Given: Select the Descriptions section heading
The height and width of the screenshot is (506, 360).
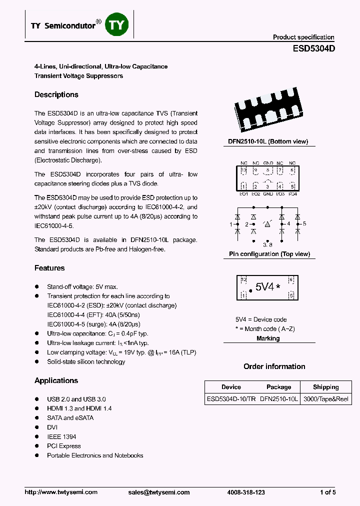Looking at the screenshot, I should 56,94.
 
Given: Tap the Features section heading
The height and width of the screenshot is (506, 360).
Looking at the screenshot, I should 49,268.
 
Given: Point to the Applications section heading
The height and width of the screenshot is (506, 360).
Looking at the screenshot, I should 56,380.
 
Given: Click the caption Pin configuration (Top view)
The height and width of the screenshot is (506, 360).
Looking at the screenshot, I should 269,254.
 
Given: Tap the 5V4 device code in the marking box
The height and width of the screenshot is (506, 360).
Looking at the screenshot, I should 264,287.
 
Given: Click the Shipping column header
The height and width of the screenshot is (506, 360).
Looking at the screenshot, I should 325,387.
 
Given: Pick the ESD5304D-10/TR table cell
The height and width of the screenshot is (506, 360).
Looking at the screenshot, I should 230,399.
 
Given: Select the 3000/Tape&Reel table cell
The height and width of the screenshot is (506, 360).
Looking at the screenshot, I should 325,399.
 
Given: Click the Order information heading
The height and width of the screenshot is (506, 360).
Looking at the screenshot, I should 274,366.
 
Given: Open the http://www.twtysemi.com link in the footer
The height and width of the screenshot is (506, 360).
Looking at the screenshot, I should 61,492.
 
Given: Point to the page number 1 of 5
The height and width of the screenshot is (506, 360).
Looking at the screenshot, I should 327,492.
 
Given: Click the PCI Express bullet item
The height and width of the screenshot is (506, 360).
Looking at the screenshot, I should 63,446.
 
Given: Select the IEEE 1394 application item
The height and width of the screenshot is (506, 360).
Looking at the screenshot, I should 61,436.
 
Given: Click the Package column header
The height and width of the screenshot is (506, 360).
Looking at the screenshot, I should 278,387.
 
